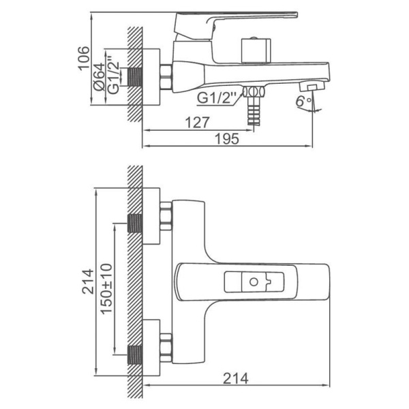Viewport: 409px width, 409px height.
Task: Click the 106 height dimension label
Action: pos(83,58)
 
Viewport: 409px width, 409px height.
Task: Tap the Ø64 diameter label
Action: pos(100,77)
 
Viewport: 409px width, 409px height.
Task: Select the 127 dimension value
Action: pos(197,122)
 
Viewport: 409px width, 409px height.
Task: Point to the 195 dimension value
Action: pos(226,138)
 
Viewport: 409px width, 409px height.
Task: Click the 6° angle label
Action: pos(303,101)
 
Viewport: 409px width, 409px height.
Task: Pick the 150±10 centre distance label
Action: pos(106,289)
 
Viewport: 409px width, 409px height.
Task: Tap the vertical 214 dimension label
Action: pos(88,282)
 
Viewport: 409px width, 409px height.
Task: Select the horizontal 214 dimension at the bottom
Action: pos(235,378)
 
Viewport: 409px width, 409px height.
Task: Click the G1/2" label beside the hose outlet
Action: pos(216,97)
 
